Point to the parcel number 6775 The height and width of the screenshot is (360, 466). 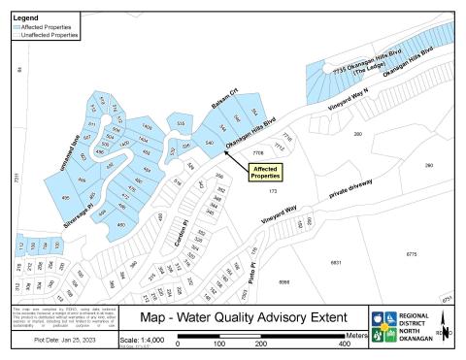(411, 253)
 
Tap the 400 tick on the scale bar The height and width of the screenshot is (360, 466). (345, 344)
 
